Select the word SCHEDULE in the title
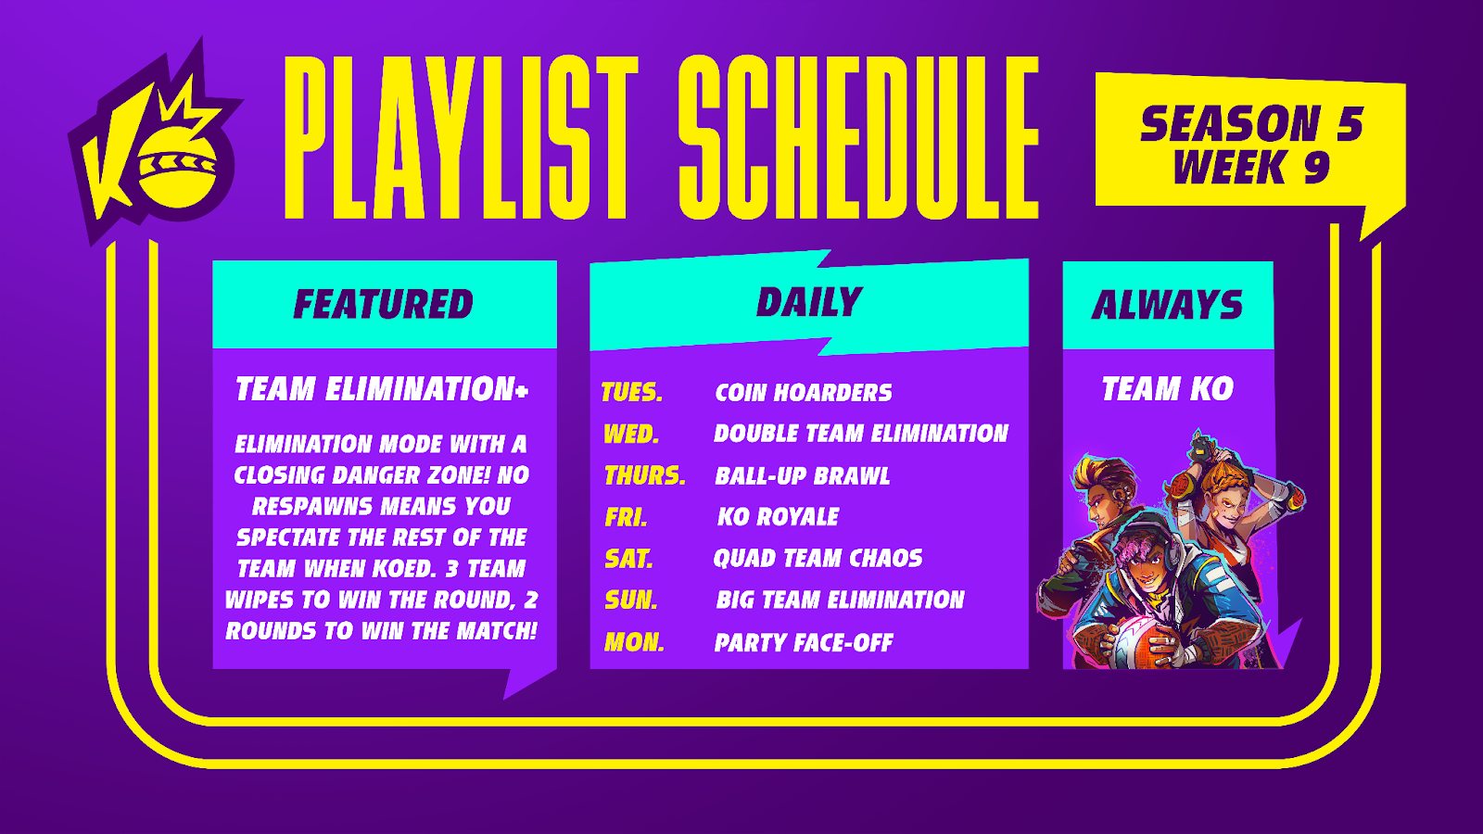tap(858, 137)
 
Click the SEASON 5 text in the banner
tap(1251, 124)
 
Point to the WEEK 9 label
tap(1251, 166)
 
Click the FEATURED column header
tap(384, 305)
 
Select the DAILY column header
tap(809, 302)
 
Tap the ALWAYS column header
tap(1167, 305)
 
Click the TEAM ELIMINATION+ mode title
tap(382, 388)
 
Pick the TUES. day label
tap(631, 393)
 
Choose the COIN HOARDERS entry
tap(803, 393)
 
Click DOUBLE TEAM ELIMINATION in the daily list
tap(861, 434)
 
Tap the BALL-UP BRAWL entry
tap(803, 476)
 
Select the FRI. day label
tap(626, 517)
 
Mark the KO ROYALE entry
tap(778, 517)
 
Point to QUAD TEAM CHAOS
tap(818, 558)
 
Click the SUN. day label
tap(631, 600)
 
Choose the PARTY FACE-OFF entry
tap(804, 642)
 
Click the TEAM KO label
tap(1167, 388)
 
